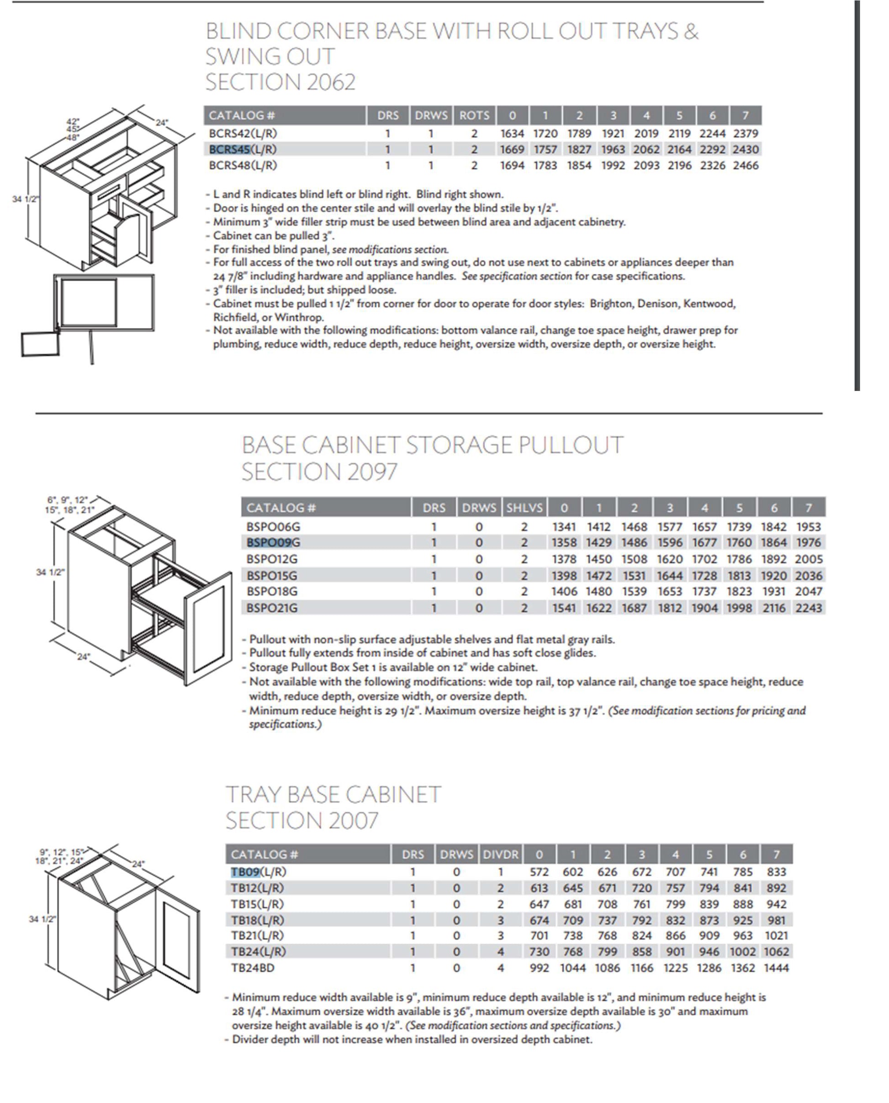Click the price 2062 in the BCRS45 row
[x=646, y=149]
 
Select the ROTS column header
[x=474, y=116]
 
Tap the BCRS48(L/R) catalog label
[x=243, y=165]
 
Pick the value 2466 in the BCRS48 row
[x=746, y=165]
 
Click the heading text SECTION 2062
[x=280, y=82]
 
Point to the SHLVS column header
[x=524, y=508]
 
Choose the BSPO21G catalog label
[x=272, y=608]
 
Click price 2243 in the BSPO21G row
[x=809, y=608]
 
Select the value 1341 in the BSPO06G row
[x=564, y=527]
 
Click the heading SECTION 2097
[x=319, y=472]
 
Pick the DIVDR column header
[x=500, y=854]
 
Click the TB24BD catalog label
[x=253, y=968]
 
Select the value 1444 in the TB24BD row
[x=776, y=968]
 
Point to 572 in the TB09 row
[x=539, y=872]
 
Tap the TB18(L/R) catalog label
[x=258, y=920]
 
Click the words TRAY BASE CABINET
[x=333, y=795]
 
